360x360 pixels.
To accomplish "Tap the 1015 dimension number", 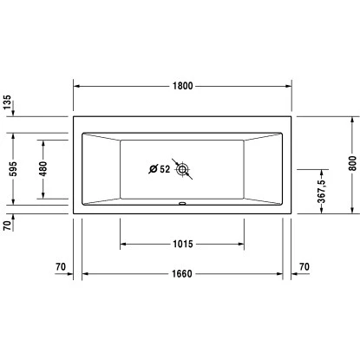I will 180,243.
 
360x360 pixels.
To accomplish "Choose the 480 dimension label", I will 43,169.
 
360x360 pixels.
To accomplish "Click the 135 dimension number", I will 9,106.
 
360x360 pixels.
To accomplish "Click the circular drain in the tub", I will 183,170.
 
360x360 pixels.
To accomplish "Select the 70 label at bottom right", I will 304,265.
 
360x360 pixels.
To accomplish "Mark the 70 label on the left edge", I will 9,226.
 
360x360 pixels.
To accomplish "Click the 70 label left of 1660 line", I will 60,265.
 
